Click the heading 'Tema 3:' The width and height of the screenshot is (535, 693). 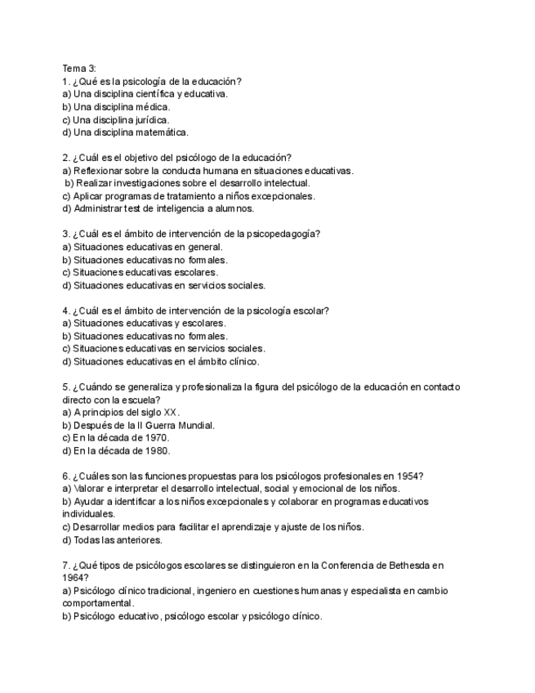tap(79, 68)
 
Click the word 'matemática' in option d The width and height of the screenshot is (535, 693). tap(162, 132)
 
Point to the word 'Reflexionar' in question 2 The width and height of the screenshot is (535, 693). tap(100, 171)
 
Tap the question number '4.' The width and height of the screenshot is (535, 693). tap(66, 311)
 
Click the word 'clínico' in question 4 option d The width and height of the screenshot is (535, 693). tap(241, 361)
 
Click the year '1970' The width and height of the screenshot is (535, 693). tap(154, 438)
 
